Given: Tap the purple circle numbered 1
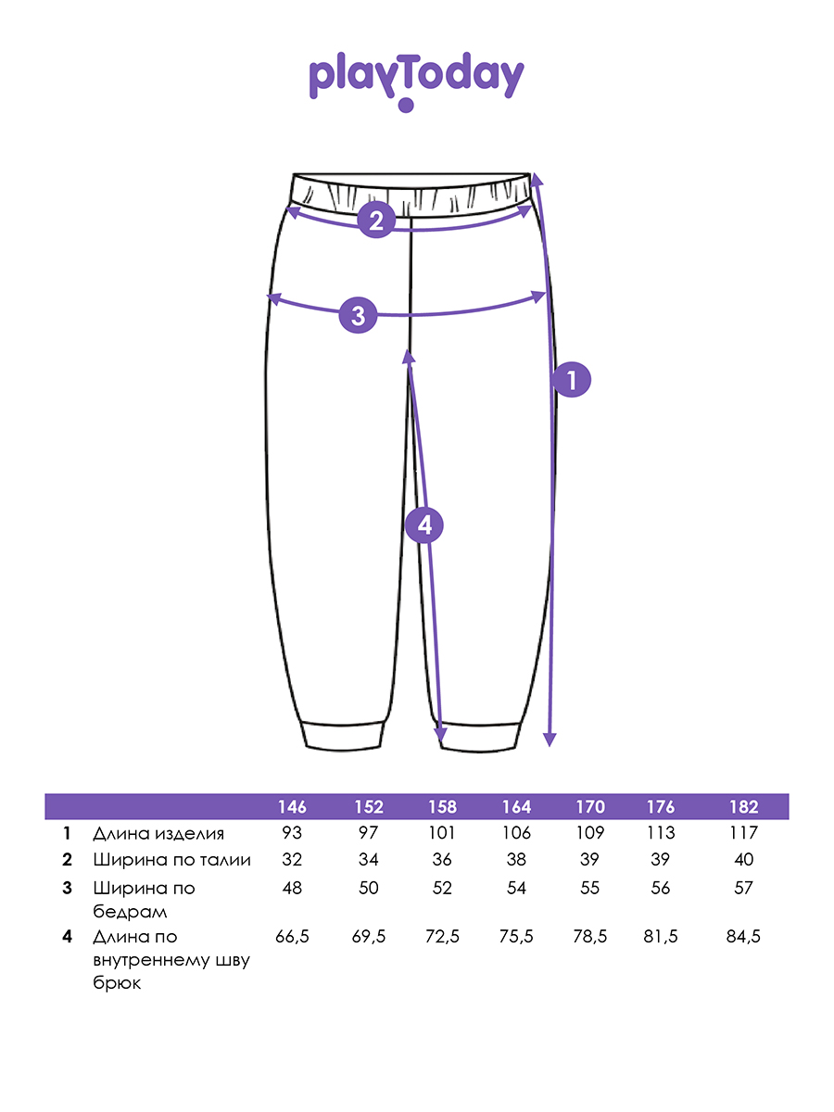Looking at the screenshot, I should point(571,379).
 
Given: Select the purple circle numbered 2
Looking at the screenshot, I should point(375,220).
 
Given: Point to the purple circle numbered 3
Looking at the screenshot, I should point(359,314).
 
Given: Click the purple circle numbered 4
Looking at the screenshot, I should point(424,525).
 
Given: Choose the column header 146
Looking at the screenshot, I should point(292,806).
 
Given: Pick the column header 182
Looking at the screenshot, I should point(743,806).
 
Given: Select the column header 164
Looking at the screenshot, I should point(516,806).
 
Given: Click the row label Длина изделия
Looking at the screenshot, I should point(158,833).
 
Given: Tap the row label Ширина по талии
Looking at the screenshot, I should point(171,860).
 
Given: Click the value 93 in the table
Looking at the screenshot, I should point(292,833).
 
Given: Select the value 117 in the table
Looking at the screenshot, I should point(743,833).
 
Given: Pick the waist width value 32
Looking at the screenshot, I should point(292,860).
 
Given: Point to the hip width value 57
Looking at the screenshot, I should point(743,888).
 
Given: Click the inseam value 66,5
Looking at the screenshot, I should point(292,937).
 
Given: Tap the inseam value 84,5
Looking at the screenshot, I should point(743,937).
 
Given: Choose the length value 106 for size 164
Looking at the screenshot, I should point(516,833).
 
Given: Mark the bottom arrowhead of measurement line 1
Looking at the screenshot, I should point(550,739).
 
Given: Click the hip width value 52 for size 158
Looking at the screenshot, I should point(442,888).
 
